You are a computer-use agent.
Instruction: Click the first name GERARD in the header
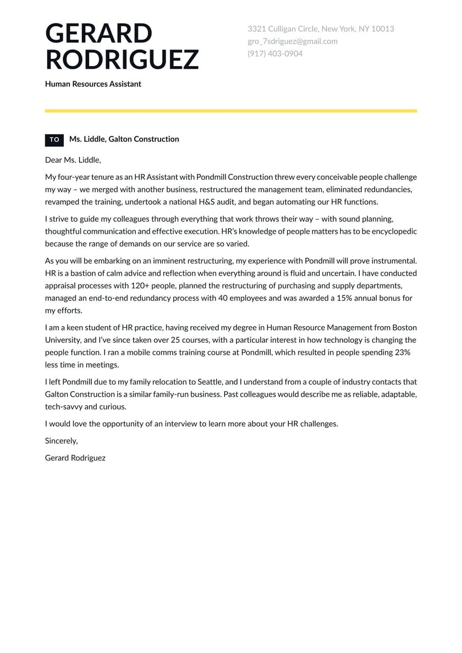98,34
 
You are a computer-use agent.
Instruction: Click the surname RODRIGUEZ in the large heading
122,59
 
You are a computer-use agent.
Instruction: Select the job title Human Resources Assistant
93,84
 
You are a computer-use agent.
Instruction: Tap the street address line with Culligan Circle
320,29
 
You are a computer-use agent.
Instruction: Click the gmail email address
292,41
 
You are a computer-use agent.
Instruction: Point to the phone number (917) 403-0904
274,53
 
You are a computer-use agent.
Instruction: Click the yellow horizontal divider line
230,111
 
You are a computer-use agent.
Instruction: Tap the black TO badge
54,140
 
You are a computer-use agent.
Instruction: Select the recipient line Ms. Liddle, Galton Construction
124,139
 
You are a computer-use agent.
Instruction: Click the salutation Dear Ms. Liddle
73,160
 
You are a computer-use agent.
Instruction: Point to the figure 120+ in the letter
142,286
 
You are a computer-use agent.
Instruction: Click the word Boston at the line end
404,327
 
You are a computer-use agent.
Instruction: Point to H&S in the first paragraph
208,202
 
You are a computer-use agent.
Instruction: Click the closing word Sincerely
61,441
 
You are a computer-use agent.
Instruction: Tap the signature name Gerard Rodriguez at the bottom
75,458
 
